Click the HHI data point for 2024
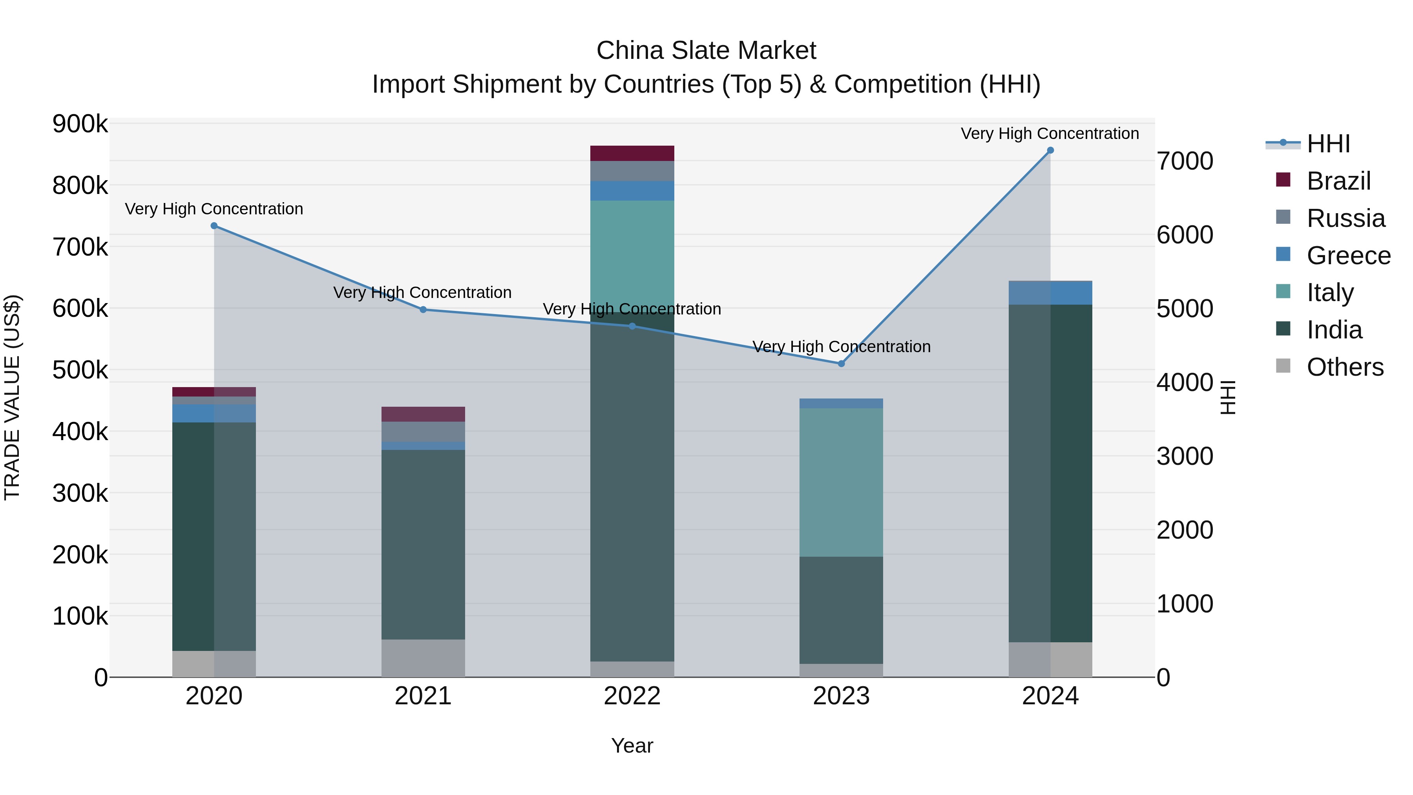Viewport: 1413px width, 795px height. click(1050, 150)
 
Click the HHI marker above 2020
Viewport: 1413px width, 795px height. click(214, 225)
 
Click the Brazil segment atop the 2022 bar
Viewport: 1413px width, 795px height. click(632, 153)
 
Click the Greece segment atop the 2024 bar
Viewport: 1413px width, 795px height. click(1050, 293)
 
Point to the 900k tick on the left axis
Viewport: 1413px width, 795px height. click(80, 124)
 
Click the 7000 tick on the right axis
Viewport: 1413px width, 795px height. click(1185, 161)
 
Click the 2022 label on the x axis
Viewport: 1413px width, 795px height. click(632, 696)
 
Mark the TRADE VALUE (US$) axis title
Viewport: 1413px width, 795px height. click(12, 397)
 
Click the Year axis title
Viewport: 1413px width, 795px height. click(632, 746)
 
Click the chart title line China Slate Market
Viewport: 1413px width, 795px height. click(706, 51)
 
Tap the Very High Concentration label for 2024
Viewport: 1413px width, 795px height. click(1049, 133)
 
